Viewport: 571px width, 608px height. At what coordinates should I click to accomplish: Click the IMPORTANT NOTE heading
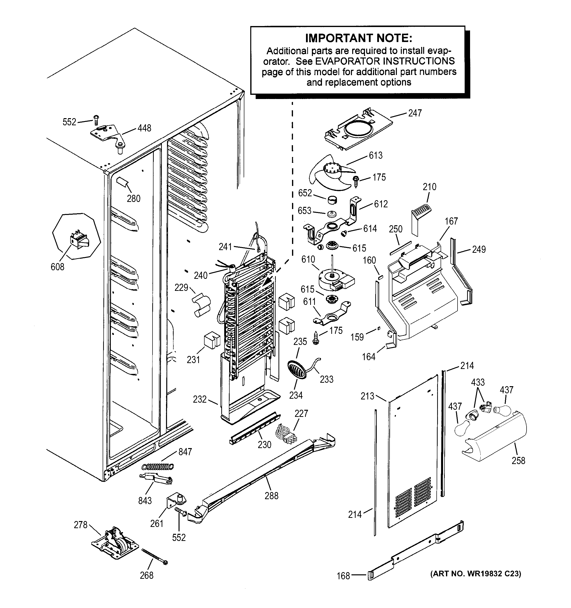359,38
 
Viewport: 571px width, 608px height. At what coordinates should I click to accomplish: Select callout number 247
415,113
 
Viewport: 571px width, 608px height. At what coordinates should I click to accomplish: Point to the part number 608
57,267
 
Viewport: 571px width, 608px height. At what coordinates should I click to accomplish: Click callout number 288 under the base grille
271,495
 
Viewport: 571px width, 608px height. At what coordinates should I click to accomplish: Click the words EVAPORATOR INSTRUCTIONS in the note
385,61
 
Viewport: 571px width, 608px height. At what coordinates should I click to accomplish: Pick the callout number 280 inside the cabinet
134,198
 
